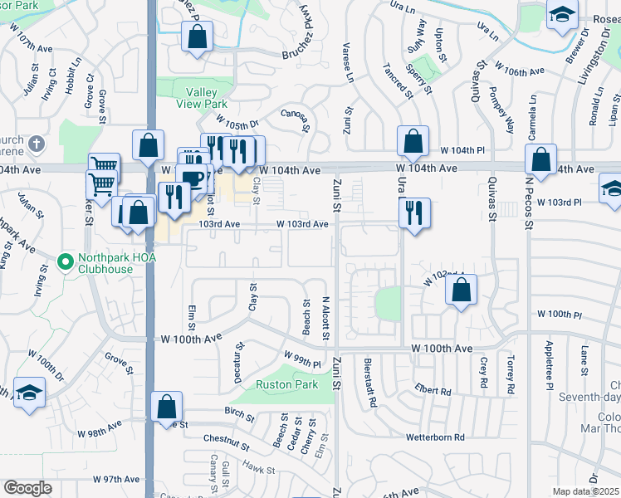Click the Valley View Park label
click(x=202, y=98)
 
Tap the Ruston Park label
click(x=286, y=385)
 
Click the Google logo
click(x=27, y=488)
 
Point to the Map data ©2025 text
click(x=585, y=491)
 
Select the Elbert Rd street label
click(x=434, y=391)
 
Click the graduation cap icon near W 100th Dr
click(x=29, y=392)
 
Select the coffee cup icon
click(x=192, y=178)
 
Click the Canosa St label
click(x=296, y=120)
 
